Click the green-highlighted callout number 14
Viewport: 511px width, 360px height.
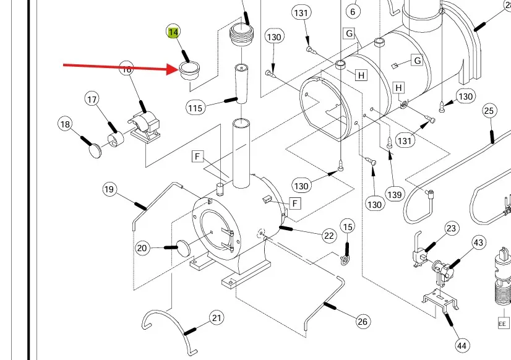pyautogui.click(x=173, y=32)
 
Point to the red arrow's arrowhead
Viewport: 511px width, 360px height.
pyautogui.click(x=176, y=69)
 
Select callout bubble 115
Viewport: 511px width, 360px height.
pyautogui.click(x=195, y=108)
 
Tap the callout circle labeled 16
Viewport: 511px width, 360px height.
pyautogui.click(x=126, y=69)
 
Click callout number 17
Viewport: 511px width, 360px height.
pyautogui.click(x=92, y=99)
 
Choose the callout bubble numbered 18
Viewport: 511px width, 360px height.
pyautogui.click(x=66, y=124)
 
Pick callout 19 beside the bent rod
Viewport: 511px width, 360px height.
pyautogui.click(x=109, y=189)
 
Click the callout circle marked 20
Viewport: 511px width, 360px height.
pyautogui.click(x=143, y=248)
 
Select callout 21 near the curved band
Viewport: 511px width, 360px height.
pyautogui.click(x=216, y=318)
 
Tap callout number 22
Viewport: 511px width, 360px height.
pyautogui.click(x=328, y=235)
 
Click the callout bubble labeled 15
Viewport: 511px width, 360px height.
pyautogui.click(x=347, y=227)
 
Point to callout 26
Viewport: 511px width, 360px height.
pyautogui.click(x=363, y=321)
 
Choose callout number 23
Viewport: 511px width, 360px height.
pyautogui.click(x=451, y=228)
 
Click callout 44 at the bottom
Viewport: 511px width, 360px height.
pyautogui.click(x=462, y=345)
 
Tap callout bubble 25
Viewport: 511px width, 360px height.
pyautogui.click(x=489, y=111)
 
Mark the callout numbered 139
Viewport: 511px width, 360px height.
pyautogui.click(x=394, y=194)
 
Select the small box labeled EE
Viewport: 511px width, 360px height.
pyautogui.click(x=502, y=324)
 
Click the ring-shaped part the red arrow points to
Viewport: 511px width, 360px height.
pyautogui.click(x=189, y=70)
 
